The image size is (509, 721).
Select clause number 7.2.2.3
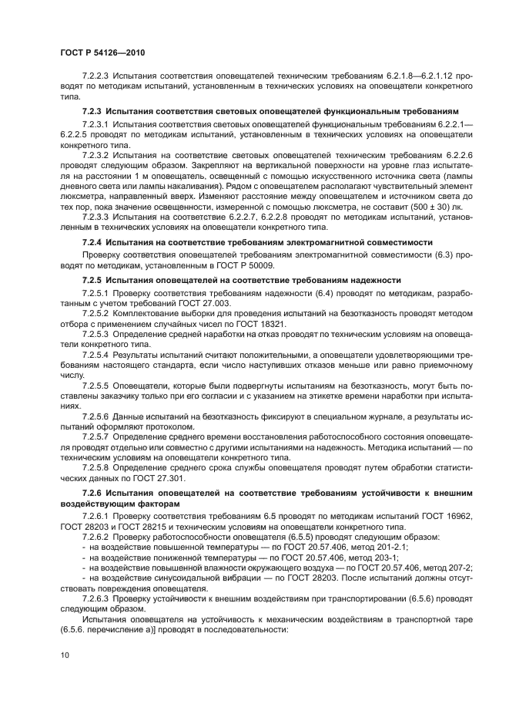(x=97, y=75)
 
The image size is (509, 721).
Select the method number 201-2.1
(x=390, y=546)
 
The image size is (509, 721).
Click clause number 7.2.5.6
(x=97, y=416)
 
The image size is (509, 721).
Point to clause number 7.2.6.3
(x=97, y=598)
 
